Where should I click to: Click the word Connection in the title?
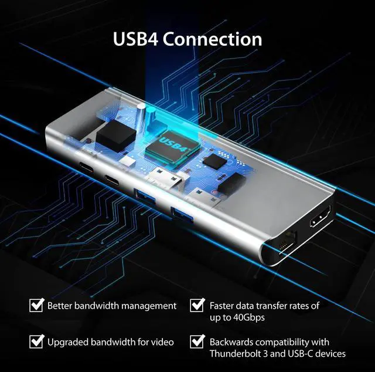[x=212, y=39]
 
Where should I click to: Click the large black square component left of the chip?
[x=111, y=136]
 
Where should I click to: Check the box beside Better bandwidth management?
[x=37, y=306]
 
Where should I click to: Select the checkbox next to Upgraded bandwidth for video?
[x=37, y=341]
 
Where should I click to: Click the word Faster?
[x=222, y=306]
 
